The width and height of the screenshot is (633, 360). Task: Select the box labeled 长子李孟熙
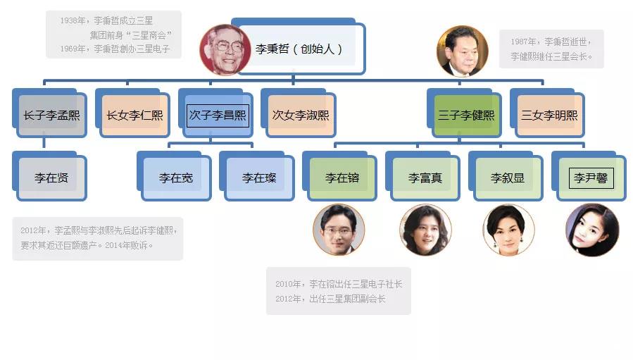point(51,115)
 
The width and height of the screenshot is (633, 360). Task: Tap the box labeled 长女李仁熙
point(134,115)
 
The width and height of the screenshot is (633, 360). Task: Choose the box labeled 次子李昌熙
point(218,115)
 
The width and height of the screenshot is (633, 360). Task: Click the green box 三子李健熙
point(466,115)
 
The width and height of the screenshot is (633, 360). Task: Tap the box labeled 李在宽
point(175,178)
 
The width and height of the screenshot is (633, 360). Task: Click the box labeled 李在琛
point(258,178)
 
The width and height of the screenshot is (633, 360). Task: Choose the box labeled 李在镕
point(341,178)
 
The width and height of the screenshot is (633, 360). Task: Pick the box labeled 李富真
point(425,178)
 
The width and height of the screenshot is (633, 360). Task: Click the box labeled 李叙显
point(508,178)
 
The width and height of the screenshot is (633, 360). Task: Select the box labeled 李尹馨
point(591,178)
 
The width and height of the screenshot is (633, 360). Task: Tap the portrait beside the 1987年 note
point(462,51)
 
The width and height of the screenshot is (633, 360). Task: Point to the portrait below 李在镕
point(339,230)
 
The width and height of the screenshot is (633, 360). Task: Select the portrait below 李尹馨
point(592,230)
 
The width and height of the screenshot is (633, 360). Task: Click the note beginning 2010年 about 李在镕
point(338,291)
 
